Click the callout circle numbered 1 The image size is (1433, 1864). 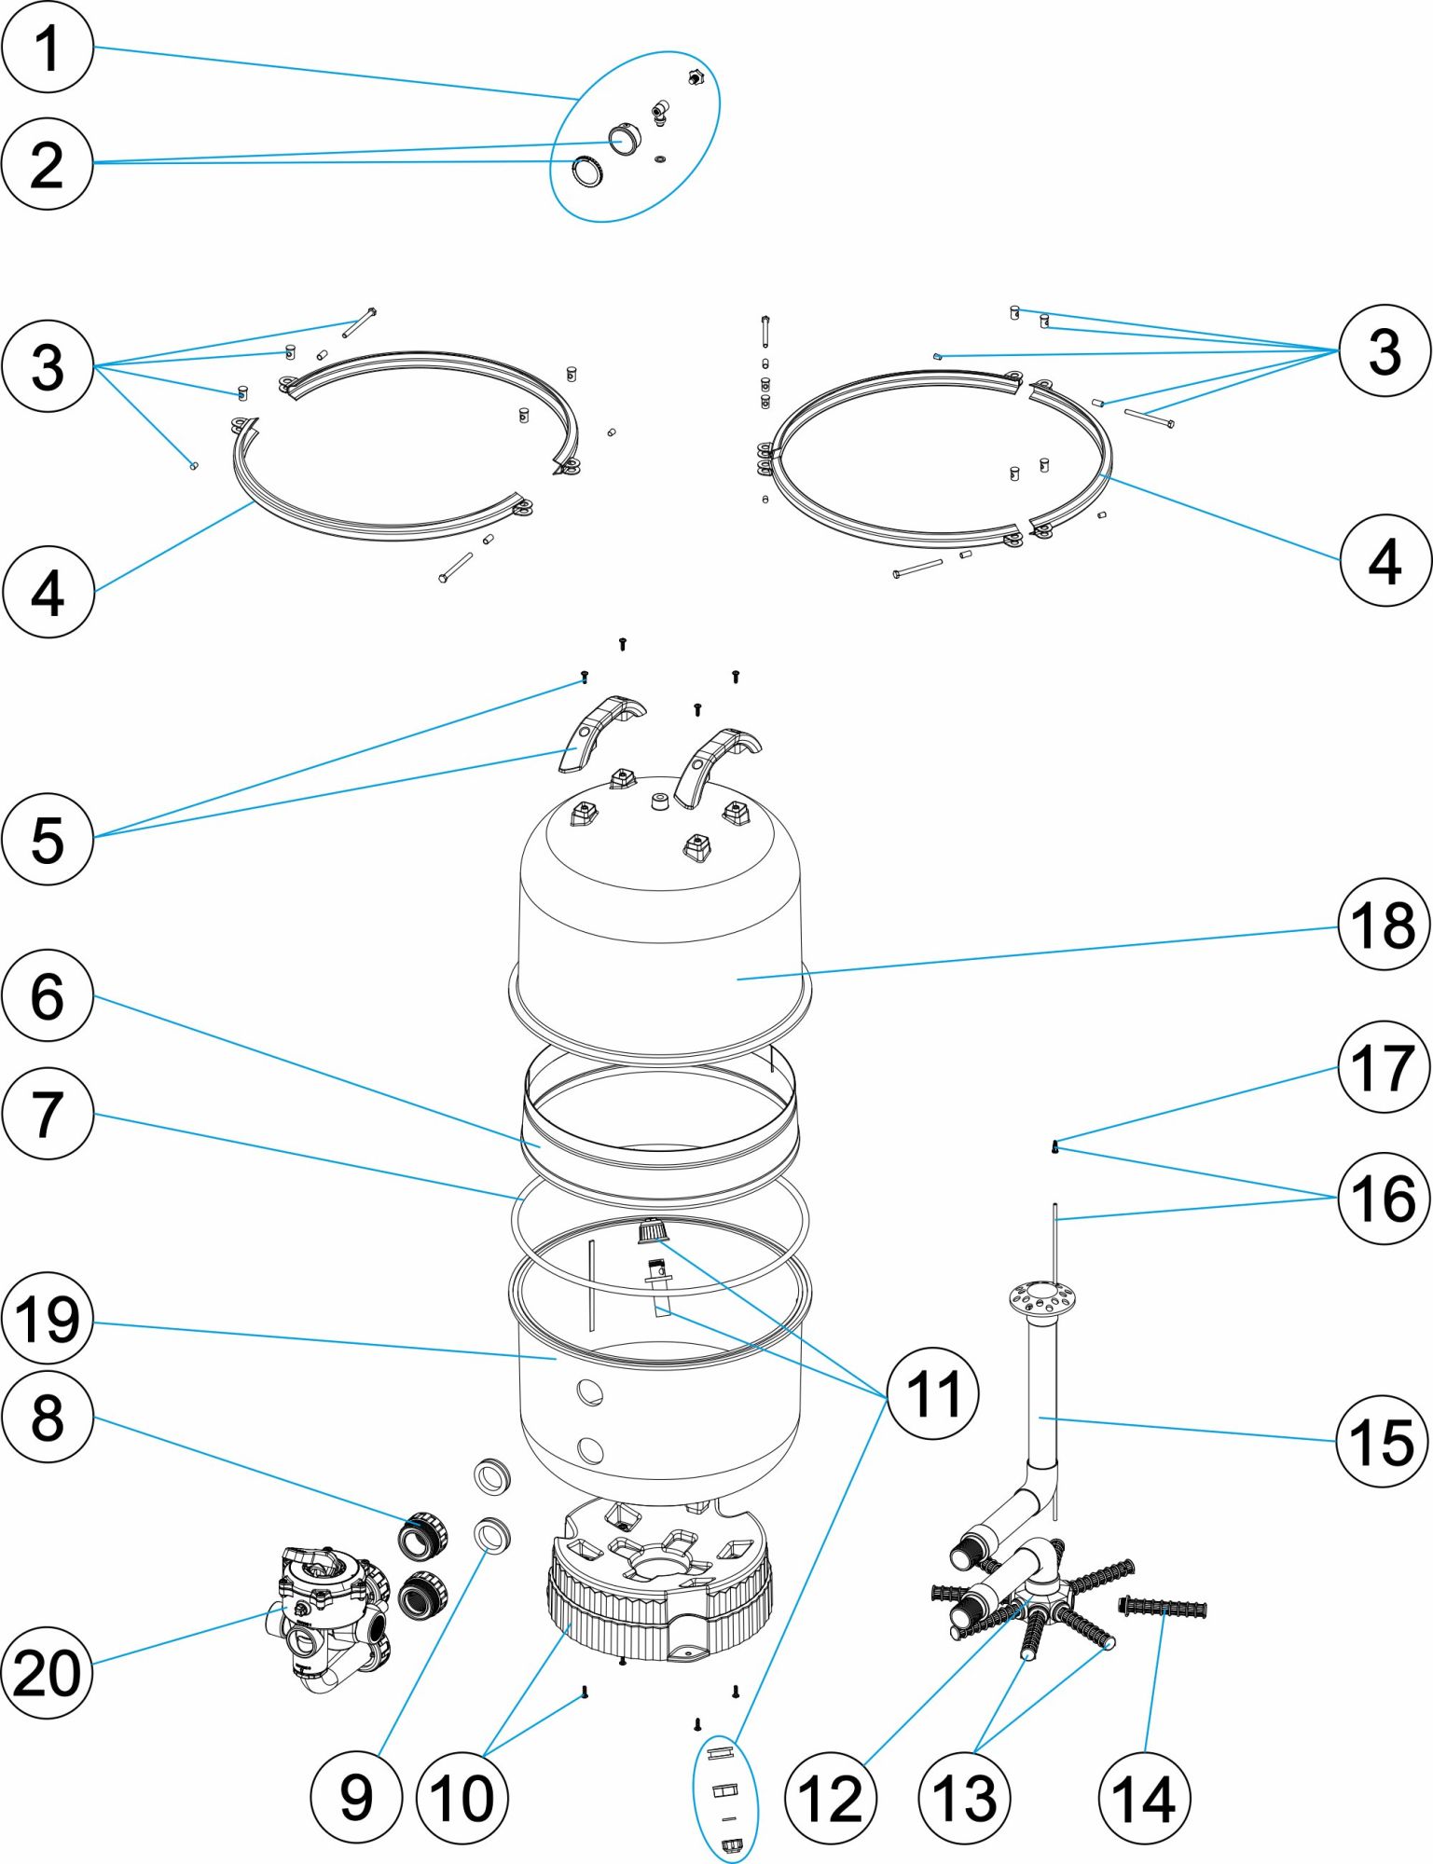48,47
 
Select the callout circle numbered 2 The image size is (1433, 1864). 48,164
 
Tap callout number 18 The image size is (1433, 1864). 1384,925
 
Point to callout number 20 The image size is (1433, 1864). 48,1672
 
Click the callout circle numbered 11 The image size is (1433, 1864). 932,1393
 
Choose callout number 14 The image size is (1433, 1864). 1144,1798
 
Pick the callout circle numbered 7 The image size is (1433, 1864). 48,1113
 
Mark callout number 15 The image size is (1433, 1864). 1383,1441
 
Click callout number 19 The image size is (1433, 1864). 48,1319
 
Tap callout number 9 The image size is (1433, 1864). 356,1798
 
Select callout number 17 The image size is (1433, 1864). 1384,1067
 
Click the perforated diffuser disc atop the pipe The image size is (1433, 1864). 1041,1296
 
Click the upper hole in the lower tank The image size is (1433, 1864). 589,1394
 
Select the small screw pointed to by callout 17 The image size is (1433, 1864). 1054,1146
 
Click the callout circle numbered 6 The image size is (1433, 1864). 48,995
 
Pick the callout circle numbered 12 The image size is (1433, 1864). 831,1798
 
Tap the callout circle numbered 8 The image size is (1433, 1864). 48,1418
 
